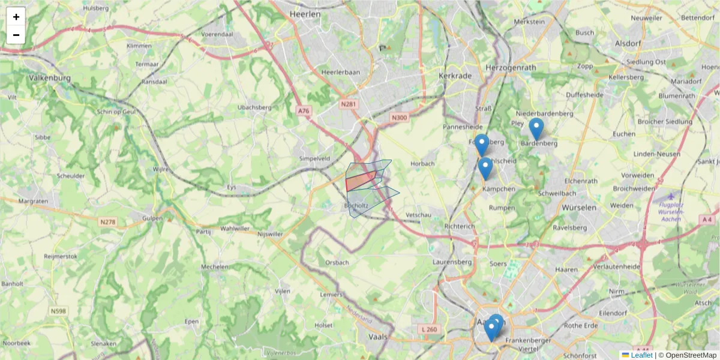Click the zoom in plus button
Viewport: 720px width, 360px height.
click(x=16, y=17)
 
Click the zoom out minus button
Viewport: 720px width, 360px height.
click(x=16, y=35)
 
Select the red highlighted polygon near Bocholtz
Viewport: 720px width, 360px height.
click(x=361, y=181)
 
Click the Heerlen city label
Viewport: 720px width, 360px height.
click(x=305, y=14)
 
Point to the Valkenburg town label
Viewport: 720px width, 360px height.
click(x=50, y=78)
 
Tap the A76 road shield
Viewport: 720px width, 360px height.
click(x=304, y=110)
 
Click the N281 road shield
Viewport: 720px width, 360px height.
click(x=348, y=104)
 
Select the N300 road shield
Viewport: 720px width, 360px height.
click(x=398, y=118)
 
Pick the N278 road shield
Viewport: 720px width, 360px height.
click(x=107, y=222)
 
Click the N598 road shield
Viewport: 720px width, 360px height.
click(x=59, y=311)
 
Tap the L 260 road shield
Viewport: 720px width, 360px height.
click(x=429, y=329)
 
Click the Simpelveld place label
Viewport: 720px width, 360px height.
click(x=314, y=158)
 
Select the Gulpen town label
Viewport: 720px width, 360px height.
click(x=153, y=218)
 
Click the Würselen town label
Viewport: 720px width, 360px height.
click(x=579, y=207)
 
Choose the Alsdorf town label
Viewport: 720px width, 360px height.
click(x=628, y=43)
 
